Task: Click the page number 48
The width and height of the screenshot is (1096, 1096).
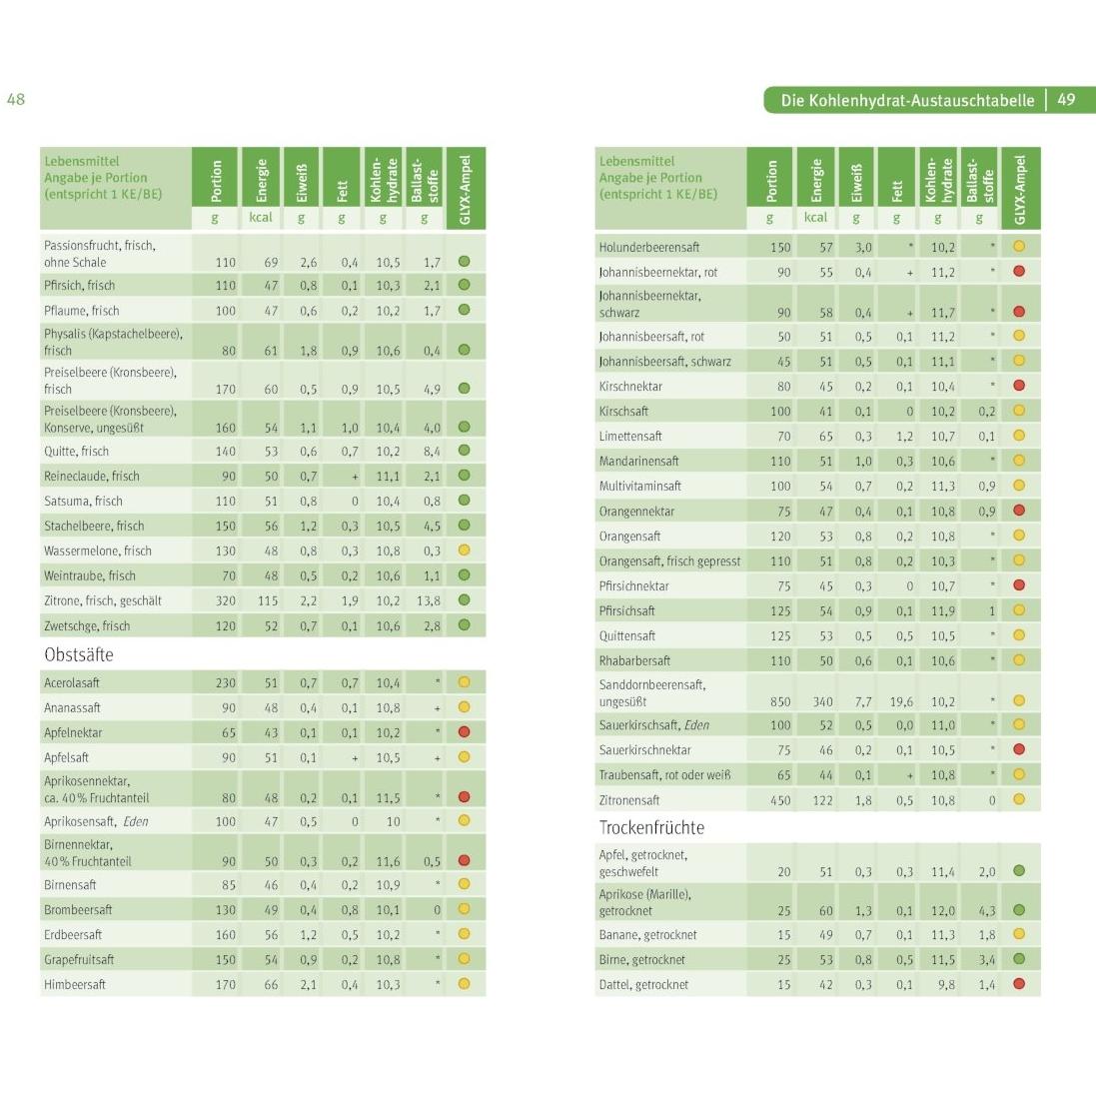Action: point(16,99)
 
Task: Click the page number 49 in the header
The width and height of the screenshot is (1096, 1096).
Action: point(1066,100)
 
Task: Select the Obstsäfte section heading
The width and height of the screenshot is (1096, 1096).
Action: point(79,654)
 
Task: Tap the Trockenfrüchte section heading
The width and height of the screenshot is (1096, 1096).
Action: point(651,827)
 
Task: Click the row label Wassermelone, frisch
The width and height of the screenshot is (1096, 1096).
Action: point(98,550)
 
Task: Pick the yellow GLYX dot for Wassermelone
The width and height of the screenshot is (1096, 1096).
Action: point(464,550)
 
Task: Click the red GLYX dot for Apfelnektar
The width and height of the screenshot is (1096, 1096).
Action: point(464,732)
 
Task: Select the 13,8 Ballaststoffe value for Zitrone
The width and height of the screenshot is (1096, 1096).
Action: point(428,600)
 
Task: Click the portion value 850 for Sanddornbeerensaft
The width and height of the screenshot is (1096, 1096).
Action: point(780,701)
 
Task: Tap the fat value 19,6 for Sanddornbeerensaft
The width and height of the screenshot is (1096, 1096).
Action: point(901,701)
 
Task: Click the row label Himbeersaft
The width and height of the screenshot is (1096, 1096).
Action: point(75,984)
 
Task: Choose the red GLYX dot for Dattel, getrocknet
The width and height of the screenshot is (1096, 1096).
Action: point(1019,984)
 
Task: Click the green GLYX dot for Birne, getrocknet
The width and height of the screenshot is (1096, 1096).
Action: point(1019,959)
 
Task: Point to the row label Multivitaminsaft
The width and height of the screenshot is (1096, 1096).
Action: point(640,486)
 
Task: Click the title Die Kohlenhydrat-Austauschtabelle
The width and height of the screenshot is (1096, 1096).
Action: point(907,100)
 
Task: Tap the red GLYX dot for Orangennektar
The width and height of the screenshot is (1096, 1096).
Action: point(1019,511)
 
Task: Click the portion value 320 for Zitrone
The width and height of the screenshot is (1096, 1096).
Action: point(226,600)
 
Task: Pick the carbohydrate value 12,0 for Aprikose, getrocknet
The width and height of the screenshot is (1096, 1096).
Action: point(942,911)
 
